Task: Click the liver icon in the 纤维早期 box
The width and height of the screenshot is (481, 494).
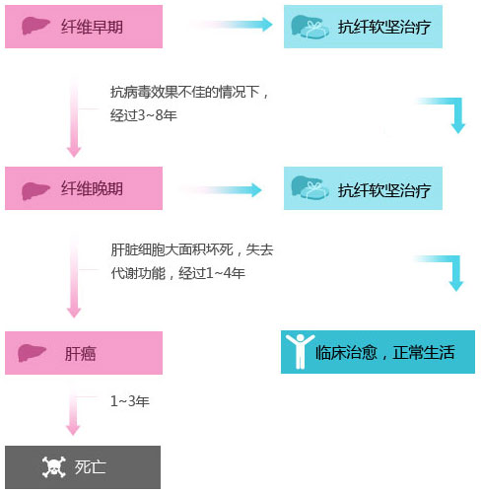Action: point(35,26)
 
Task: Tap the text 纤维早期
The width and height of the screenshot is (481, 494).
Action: point(92,27)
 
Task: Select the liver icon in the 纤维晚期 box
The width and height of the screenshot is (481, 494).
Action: point(35,191)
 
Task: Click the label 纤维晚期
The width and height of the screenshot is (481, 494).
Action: point(92,188)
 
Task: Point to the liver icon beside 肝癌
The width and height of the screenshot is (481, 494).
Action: point(32,353)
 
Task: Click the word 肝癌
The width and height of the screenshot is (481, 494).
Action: point(80,354)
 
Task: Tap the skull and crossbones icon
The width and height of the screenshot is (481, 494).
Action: point(54,466)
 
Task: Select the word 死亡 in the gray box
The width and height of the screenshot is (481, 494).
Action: point(90,467)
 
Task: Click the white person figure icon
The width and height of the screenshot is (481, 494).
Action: point(300,351)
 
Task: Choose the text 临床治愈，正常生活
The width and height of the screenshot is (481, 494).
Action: point(385,352)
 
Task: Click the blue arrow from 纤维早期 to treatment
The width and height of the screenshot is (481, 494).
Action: point(231,25)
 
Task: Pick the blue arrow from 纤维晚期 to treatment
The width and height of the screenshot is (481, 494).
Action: point(220,190)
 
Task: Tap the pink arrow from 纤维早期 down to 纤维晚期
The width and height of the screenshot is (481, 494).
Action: point(74,116)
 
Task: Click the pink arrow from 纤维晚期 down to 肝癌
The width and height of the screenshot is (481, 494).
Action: point(74,276)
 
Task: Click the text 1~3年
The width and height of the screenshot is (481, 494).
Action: point(130,401)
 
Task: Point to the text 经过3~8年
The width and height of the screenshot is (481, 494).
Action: point(144,115)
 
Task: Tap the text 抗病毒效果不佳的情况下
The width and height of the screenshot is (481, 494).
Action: point(185,92)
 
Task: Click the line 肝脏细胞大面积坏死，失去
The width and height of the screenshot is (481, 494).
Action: point(192,249)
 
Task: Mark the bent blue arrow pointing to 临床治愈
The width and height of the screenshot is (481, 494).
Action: point(455,269)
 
